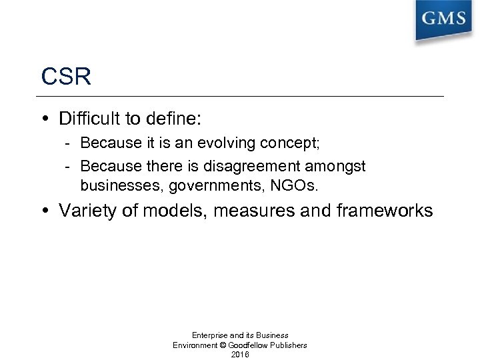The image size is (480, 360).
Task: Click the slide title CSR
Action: tap(66, 76)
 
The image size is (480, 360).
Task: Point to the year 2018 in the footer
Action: tap(239, 355)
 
